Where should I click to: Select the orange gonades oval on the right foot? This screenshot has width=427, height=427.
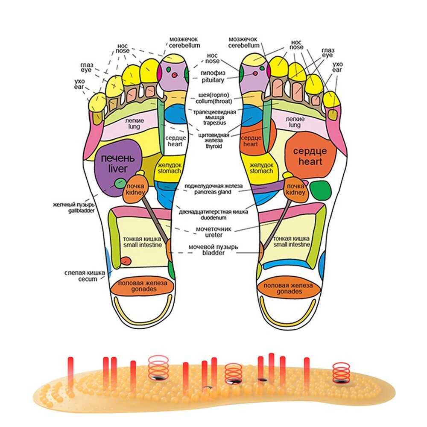click(290, 288)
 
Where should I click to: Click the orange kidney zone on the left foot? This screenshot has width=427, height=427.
click(135, 190)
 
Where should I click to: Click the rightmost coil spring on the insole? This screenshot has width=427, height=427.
click(341, 371)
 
